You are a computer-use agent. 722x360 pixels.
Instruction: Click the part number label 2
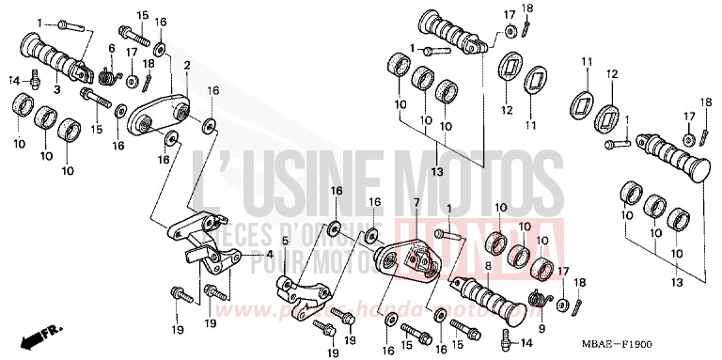[x=187, y=65]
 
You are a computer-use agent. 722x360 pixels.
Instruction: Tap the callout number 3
[x=56, y=89]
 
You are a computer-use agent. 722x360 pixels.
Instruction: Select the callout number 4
[x=271, y=253]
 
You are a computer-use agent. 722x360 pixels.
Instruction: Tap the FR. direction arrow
[x=43, y=334]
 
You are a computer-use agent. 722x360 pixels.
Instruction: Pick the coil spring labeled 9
[x=540, y=299]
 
